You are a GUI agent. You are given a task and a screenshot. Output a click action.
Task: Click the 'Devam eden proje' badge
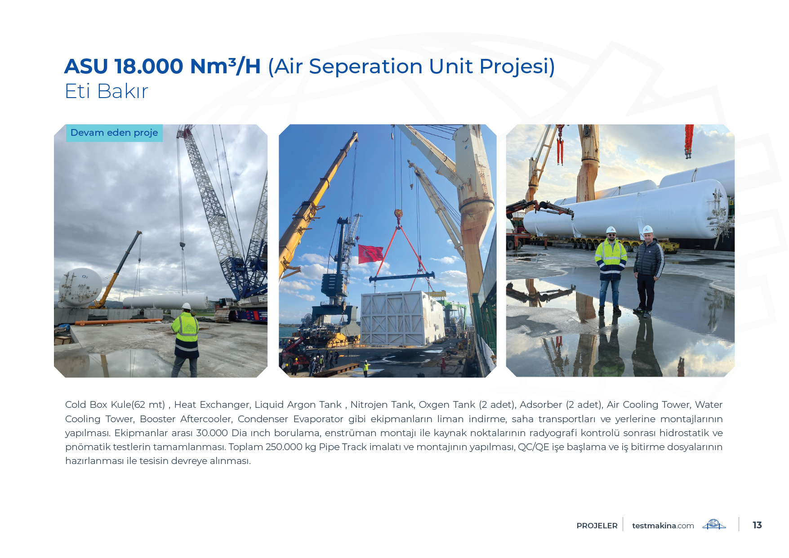[114, 133]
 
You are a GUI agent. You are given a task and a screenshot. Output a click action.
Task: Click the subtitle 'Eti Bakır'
[107, 91]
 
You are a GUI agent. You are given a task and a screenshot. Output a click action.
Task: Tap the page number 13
[757, 525]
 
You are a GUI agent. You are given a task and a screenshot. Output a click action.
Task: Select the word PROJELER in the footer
[597, 526]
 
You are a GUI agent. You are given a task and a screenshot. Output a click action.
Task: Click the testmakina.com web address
[663, 526]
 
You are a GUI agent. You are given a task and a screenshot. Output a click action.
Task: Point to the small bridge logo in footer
[714, 524]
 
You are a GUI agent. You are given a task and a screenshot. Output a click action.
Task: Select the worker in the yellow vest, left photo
[186, 339]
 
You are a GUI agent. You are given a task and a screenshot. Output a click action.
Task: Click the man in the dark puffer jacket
[647, 271]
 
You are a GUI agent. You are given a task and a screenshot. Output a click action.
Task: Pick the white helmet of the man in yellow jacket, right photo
[611, 230]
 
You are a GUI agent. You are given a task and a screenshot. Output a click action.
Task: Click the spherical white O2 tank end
[80, 286]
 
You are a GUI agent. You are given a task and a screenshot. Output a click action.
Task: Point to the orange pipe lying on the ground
[119, 321]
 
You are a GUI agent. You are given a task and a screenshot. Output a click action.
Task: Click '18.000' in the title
[149, 67]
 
